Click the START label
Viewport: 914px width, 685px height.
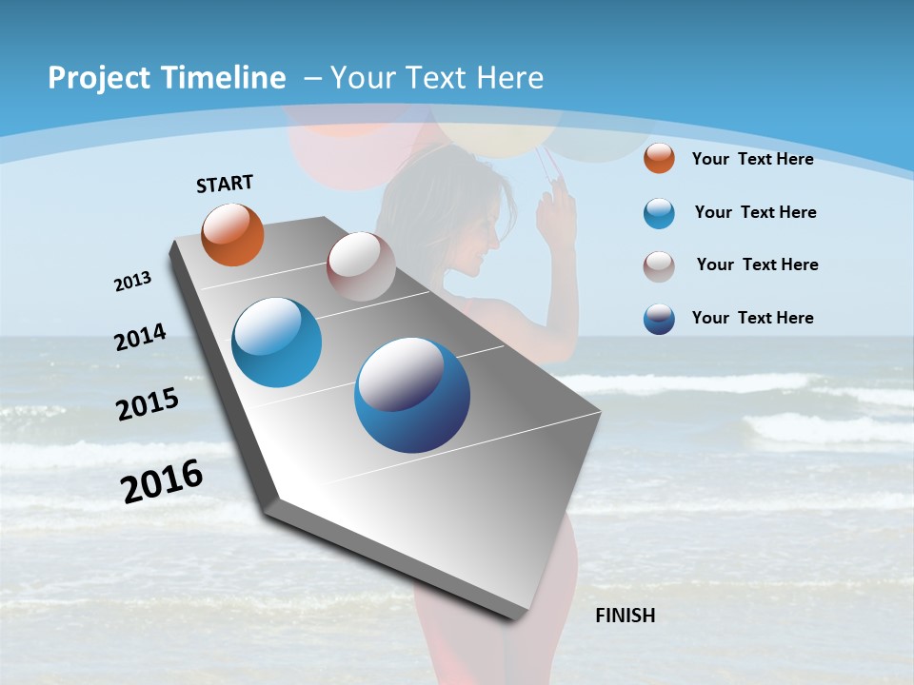point(225,184)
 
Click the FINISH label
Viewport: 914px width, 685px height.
point(625,616)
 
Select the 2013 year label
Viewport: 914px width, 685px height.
point(132,282)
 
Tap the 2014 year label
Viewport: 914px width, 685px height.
point(140,338)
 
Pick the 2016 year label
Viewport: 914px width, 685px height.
point(162,481)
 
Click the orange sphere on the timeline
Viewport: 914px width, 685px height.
point(232,234)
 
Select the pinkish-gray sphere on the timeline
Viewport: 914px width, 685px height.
point(361,265)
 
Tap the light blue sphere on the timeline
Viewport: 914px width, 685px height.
point(277,342)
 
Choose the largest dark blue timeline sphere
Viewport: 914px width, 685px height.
point(412,395)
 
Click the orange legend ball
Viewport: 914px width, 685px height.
point(659,159)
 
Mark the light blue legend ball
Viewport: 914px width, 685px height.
point(659,213)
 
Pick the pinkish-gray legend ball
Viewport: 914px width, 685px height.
point(659,266)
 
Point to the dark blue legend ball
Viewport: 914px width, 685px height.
point(659,319)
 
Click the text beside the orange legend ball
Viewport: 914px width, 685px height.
point(752,159)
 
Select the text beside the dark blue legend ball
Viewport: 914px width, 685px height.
point(752,318)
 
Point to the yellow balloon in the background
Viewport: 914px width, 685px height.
point(490,133)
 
